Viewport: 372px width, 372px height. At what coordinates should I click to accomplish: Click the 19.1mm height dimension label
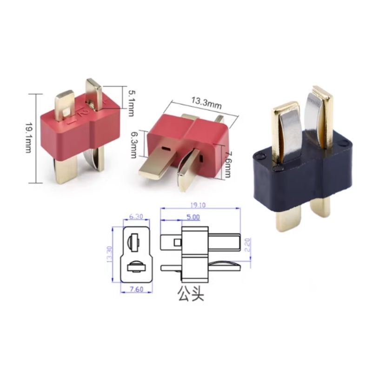tap(28, 138)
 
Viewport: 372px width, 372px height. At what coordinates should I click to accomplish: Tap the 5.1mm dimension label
tap(131, 103)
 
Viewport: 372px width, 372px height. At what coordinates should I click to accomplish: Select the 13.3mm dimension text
tap(206, 103)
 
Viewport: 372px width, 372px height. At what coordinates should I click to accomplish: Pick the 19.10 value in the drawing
tap(198, 205)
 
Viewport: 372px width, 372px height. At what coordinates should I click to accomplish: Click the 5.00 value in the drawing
tap(193, 217)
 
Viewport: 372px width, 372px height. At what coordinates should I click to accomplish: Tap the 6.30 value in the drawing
tap(136, 216)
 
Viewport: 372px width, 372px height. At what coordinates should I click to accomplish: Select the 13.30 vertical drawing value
tap(109, 254)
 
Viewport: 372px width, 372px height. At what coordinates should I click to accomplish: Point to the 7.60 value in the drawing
tap(137, 289)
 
